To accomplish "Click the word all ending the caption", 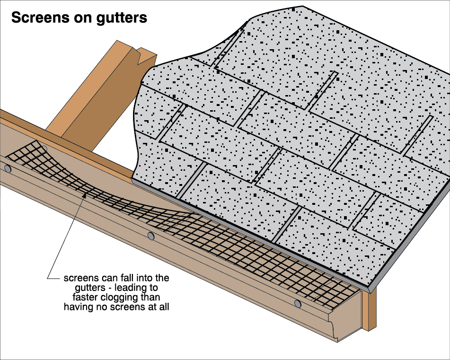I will pyautogui.click(x=162, y=307).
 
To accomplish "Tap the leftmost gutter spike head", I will pyautogui.click(x=8, y=168).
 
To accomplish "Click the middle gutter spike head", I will pyautogui.click(x=151, y=236).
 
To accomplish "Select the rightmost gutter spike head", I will pyautogui.click(x=297, y=303).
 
